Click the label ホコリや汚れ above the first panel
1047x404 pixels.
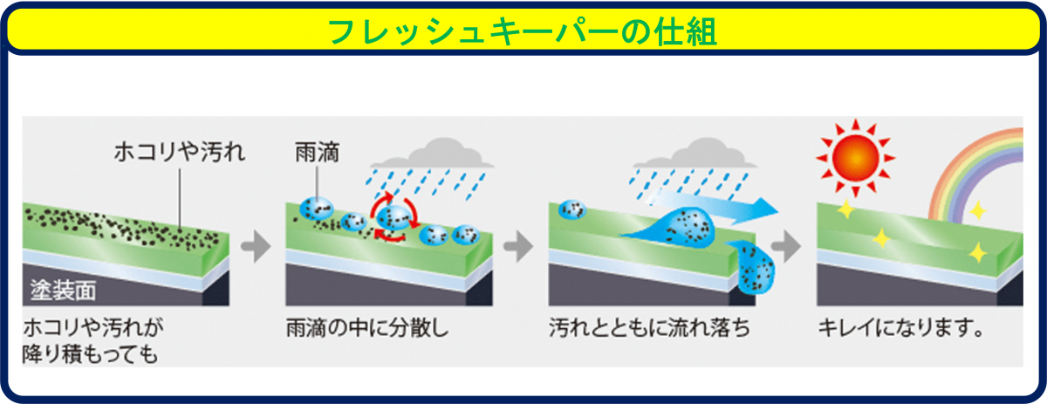180,154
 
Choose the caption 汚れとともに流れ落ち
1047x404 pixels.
649,330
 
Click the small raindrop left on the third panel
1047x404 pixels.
572,209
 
